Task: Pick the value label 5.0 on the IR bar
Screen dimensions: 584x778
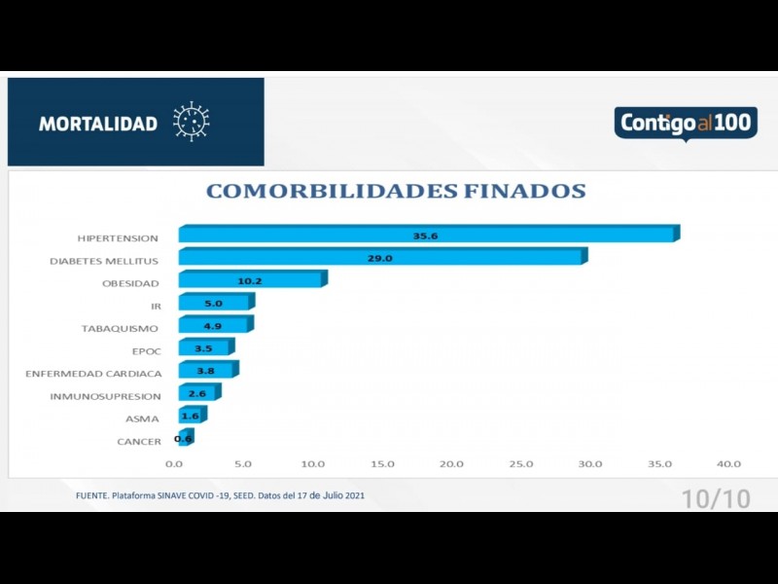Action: click(x=213, y=304)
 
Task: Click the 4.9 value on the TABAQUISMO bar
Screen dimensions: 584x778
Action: click(x=213, y=326)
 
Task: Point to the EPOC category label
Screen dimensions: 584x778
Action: click(x=146, y=350)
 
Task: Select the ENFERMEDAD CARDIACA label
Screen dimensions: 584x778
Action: click(x=93, y=374)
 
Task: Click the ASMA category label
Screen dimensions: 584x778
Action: click(x=142, y=419)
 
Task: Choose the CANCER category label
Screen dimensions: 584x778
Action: click(x=138, y=442)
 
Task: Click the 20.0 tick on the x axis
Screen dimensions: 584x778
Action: click(x=451, y=464)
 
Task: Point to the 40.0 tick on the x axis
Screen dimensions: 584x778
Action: click(x=728, y=464)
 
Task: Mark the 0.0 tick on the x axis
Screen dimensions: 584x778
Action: click(x=175, y=464)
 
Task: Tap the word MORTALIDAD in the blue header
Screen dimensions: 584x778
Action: click(x=97, y=124)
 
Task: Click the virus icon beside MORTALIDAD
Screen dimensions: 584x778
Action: click(x=192, y=122)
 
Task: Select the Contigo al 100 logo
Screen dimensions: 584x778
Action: click(x=685, y=124)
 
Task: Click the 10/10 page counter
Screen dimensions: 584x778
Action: click(x=716, y=499)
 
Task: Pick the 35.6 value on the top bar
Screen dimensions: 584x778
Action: click(x=425, y=236)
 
